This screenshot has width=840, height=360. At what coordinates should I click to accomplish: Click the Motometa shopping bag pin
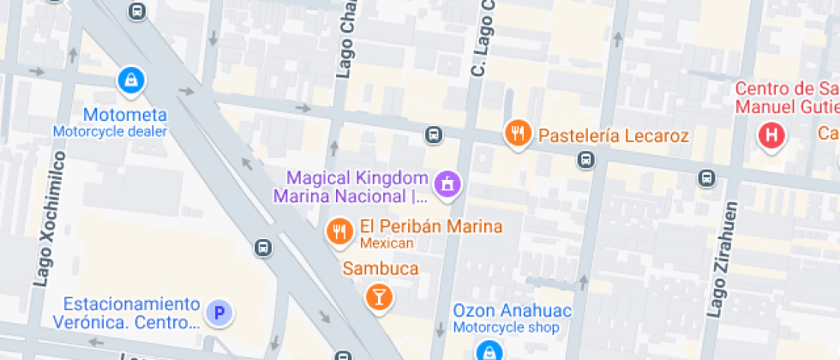130,81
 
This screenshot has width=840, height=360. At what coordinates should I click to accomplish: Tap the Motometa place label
125,115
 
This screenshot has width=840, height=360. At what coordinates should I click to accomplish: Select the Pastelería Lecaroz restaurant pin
516,133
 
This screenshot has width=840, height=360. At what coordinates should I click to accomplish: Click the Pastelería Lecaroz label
613,135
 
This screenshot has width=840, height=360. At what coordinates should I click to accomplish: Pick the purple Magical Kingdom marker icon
447,183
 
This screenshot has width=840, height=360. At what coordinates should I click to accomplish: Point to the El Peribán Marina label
430,227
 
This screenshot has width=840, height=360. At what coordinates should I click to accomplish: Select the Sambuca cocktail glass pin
377,297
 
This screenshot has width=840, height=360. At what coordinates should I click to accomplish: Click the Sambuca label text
381,269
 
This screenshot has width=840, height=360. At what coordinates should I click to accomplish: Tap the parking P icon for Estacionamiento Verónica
219,315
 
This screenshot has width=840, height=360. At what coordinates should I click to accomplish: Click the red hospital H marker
771,135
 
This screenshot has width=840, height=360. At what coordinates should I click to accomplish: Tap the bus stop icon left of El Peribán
263,249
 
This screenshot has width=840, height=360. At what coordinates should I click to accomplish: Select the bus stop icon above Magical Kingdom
435,135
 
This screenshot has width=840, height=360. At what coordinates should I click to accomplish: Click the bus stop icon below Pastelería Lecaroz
585,159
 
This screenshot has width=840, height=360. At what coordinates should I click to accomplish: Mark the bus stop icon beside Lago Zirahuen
706,178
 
